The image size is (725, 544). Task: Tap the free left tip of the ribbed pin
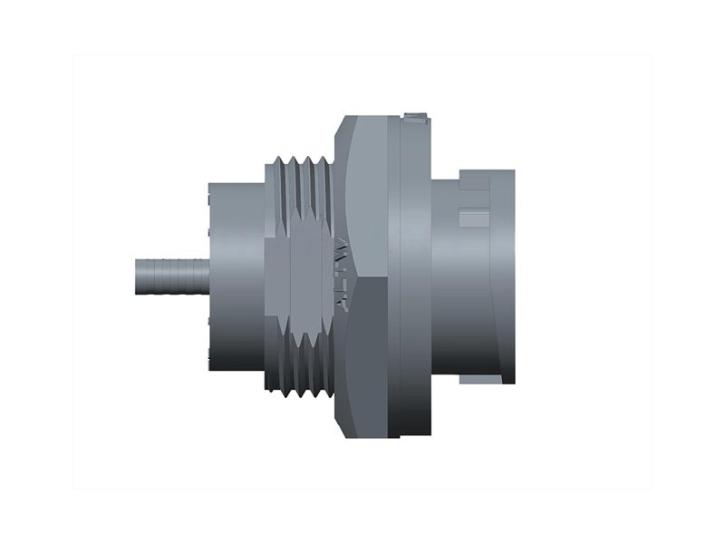coord(138,276)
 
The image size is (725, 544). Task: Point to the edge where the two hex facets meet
coord(367,277)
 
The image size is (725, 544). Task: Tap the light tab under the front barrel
coord(476,378)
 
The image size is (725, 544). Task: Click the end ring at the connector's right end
coord(503,277)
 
